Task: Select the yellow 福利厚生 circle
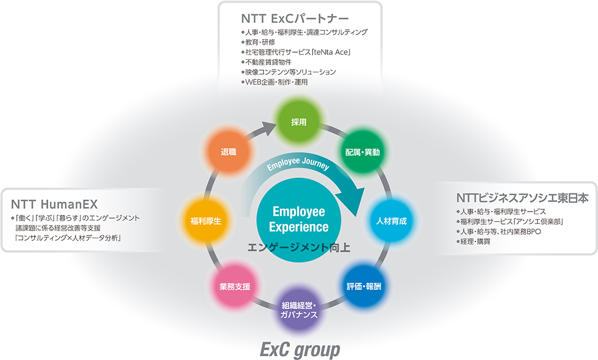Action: [205, 221]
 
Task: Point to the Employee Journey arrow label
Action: [298, 165]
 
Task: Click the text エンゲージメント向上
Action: [298, 247]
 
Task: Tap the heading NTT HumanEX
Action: [54, 204]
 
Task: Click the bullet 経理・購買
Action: [475, 241]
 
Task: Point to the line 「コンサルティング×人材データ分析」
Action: [68, 238]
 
